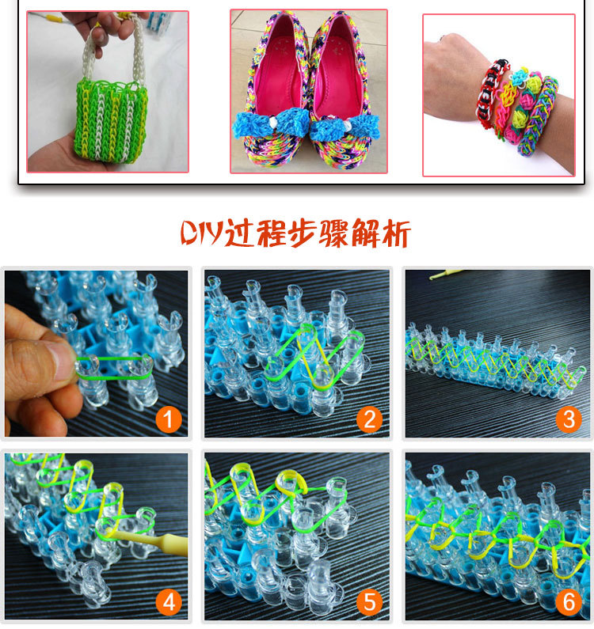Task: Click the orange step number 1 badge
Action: tap(169, 419)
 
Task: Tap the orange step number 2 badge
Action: tap(370, 419)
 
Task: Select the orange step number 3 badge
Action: tap(569, 419)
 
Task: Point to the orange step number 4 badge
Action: tap(169, 602)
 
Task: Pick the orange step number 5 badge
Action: tap(370, 602)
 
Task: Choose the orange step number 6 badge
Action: tap(569, 601)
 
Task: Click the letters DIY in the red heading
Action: tap(202, 233)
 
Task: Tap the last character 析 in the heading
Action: tap(395, 233)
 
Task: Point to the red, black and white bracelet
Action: tap(491, 93)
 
